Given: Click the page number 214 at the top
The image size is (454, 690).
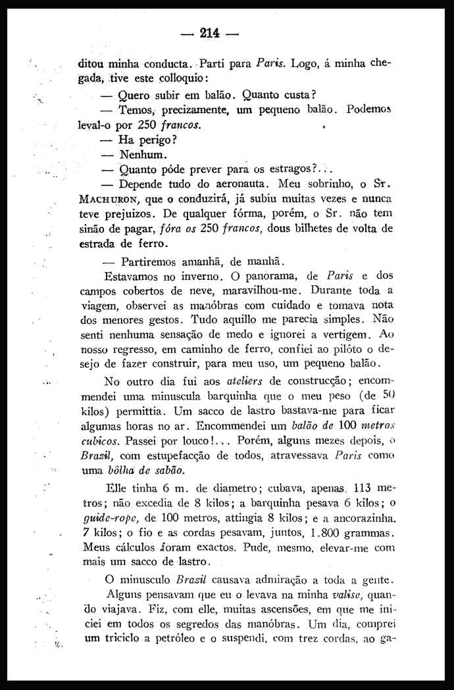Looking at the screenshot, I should [209, 32].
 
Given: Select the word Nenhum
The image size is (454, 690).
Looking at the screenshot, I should [139, 156].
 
